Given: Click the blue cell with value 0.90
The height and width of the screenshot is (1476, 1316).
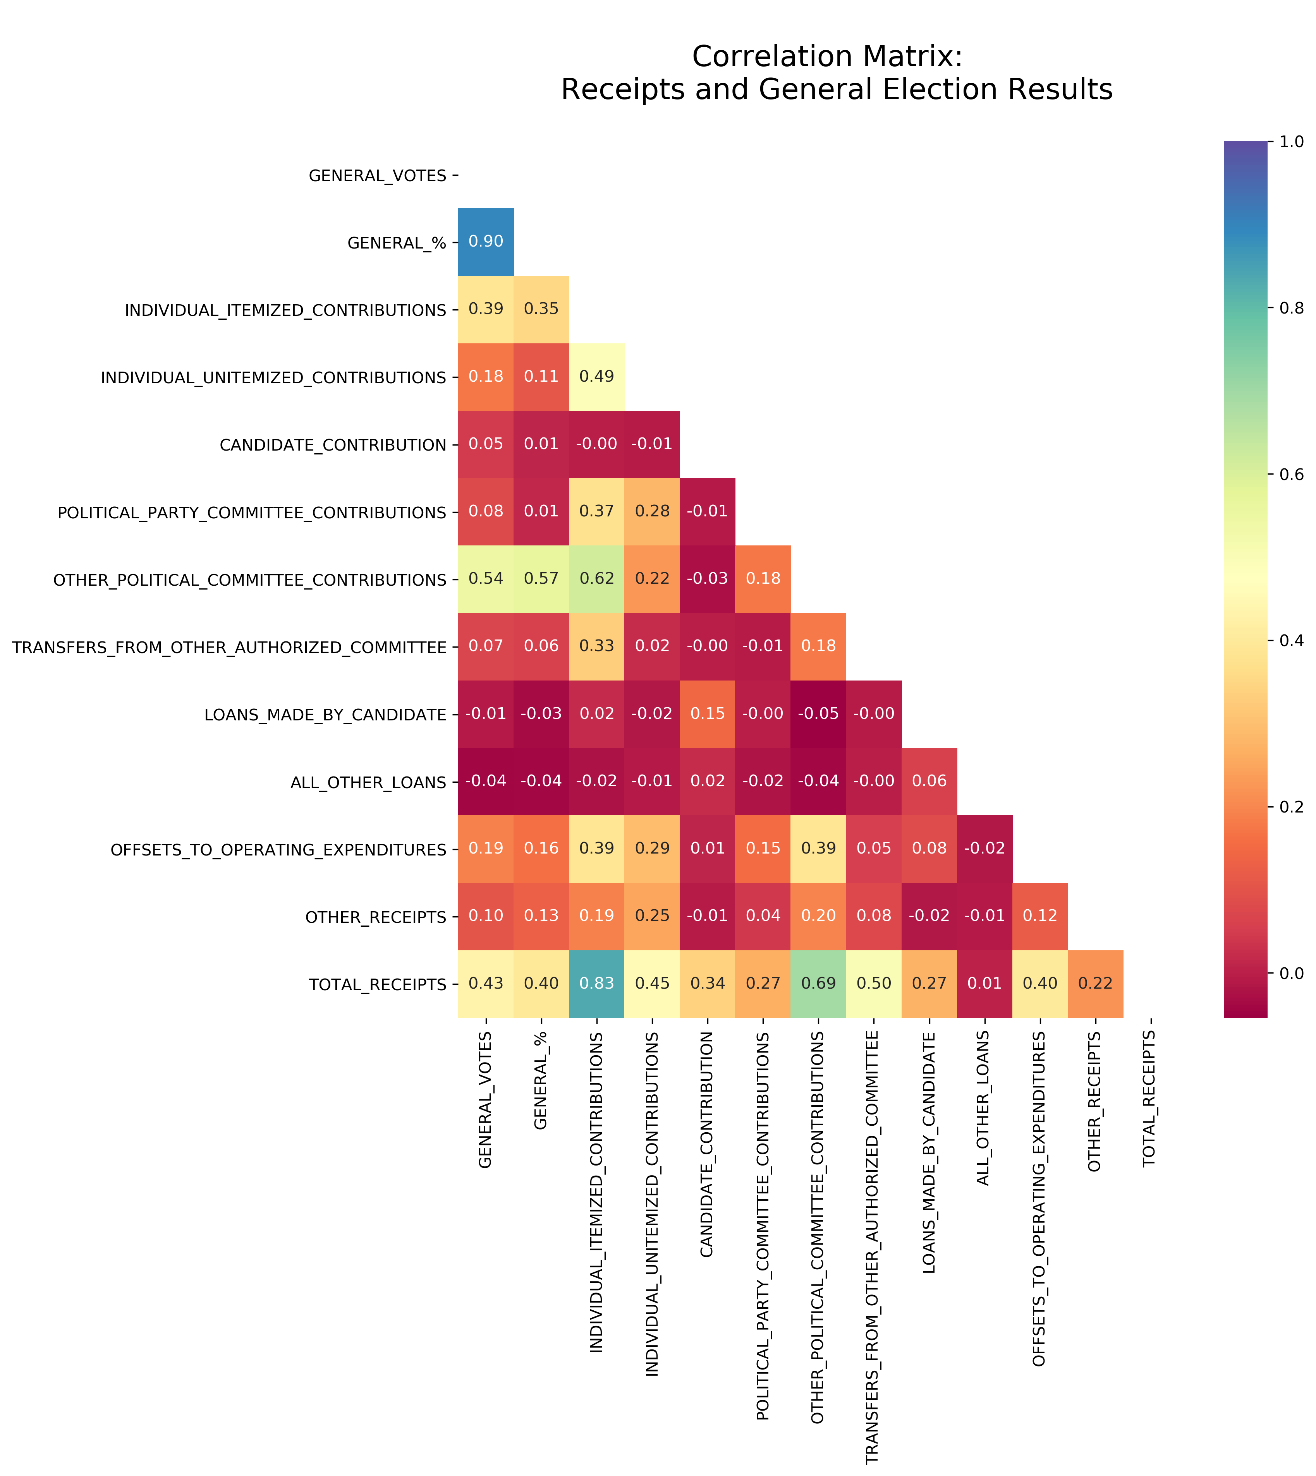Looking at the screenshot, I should point(486,242).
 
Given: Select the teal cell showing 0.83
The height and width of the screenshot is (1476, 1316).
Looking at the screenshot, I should point(596,983).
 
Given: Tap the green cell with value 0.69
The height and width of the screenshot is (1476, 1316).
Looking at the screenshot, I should point(818,983).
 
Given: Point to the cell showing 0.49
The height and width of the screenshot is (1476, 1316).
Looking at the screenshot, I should point(596,377).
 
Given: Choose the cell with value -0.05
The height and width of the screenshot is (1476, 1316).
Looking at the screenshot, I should point(818,713).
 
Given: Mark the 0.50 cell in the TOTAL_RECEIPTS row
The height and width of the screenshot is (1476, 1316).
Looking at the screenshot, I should point(873,983).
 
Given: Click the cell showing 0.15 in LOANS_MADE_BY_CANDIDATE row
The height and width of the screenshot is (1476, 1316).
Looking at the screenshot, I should point(707,713).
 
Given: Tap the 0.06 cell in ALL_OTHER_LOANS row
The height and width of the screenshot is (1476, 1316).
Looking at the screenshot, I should point(929,781).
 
